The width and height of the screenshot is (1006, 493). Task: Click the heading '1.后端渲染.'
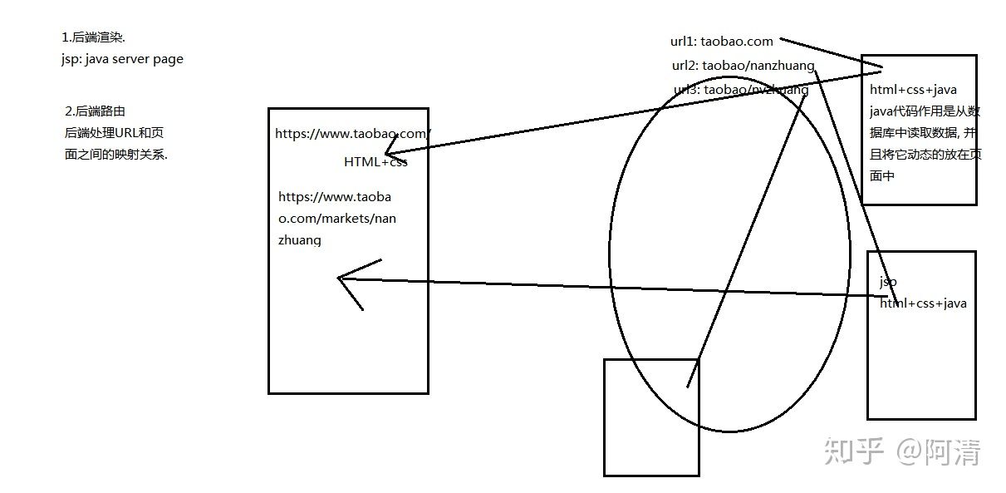(x=93, y=37)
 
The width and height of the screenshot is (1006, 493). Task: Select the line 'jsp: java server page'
(x=122, y=59)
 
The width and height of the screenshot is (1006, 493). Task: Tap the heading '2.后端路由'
(x=95, y=111)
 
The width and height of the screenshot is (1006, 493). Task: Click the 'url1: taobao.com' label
(x=722, y=41)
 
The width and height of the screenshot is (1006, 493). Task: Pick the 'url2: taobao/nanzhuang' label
(x=743, y=65)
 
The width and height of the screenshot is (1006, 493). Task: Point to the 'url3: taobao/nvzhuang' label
(x=741, y=90)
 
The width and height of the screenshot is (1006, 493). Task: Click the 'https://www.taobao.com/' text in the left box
(x=353, y=133)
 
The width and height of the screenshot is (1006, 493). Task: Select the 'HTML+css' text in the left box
(x=375, y=161)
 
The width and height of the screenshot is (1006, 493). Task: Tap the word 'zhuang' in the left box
(x=300, y=239)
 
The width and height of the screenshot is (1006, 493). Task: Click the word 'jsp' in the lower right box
(x=888, y=282)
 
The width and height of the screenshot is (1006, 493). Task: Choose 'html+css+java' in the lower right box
(x=923, y=303)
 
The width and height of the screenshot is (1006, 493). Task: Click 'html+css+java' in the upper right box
(x=913, y=90)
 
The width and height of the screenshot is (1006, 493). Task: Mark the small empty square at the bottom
(x=651, y=417)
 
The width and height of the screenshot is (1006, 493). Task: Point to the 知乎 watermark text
(x=851, y=451)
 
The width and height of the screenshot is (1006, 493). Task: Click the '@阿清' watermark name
(x=938, y=451)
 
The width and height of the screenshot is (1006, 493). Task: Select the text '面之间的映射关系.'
(x=115, y=154)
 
